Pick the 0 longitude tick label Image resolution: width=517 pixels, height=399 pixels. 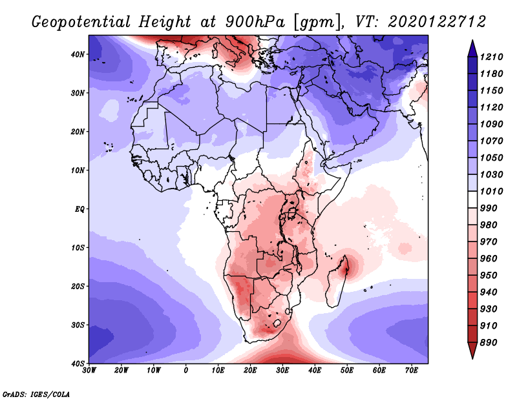tap(186, 370)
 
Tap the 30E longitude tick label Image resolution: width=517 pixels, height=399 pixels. tap(282, 370)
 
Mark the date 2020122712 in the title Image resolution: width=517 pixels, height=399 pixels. tap(437, 21)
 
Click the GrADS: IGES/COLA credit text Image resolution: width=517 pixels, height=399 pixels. tap(36, 393)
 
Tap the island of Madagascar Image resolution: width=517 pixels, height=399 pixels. tap(337, 284)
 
